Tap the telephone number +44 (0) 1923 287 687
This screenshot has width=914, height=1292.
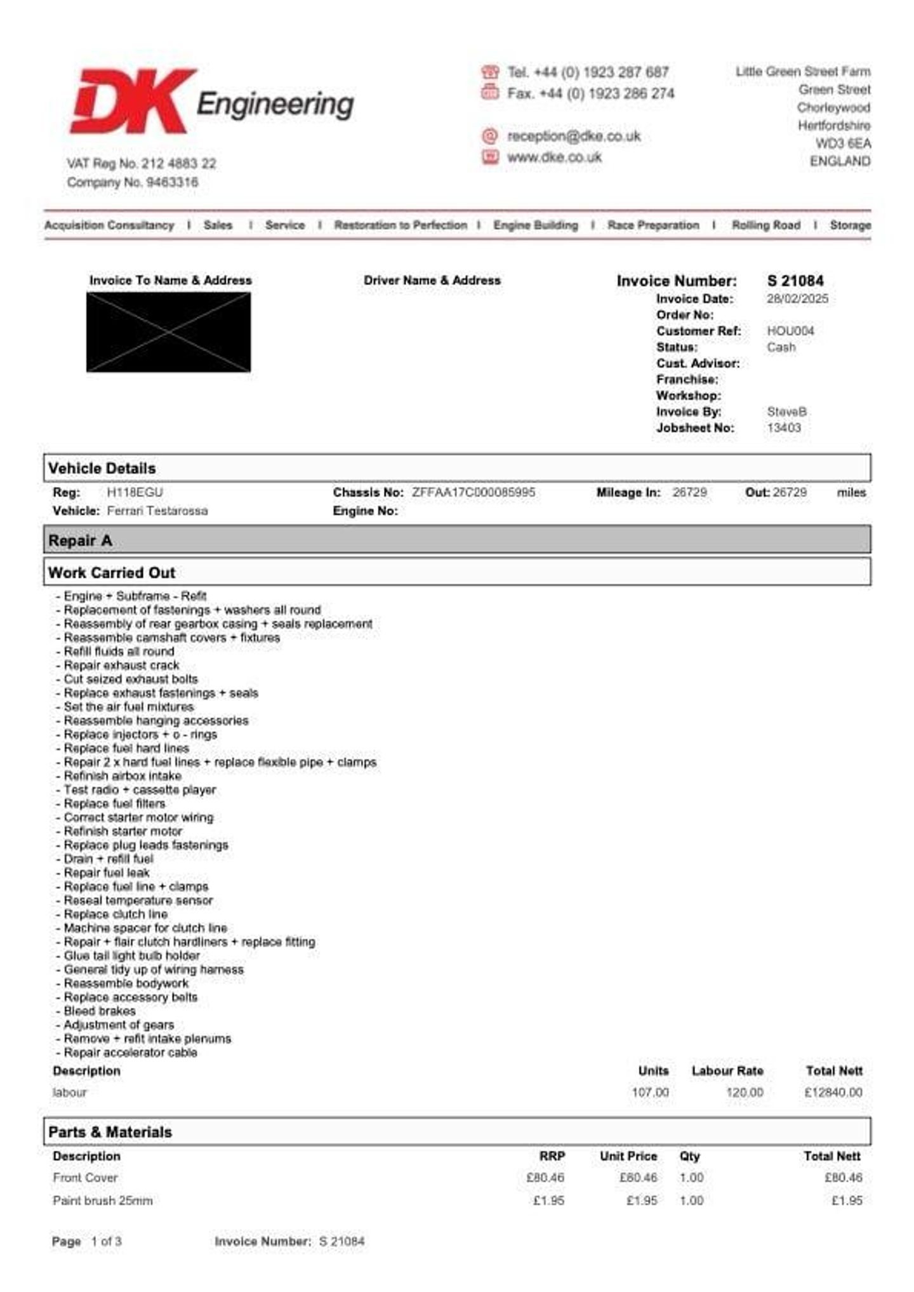click(x=588, y=72)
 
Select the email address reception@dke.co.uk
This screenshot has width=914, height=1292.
click(x=574, y=136)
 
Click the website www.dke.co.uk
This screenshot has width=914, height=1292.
click(x=554, y=157)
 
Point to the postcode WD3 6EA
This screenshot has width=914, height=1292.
click(x=843, y=143)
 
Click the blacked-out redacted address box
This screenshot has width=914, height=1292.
click(x=169, y=332)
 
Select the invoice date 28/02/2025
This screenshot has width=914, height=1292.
click(x=797, y=299)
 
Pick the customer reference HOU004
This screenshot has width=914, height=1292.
click(x=790, y=331)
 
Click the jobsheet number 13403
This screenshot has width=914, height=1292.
click(x=784, y=428)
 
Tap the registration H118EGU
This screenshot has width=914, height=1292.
click(x=135, y=493)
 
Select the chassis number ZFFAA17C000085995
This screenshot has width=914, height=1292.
click(x=474, y=493)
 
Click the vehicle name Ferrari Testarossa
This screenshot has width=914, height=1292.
click(x=157, y=511)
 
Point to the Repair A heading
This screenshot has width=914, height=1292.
click(x=81, y=541)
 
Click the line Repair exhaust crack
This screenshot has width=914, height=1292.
click(x=121, y=665)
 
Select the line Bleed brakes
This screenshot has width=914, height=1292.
click(x=100, y=1011)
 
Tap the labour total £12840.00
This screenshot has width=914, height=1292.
click(x=833, y=1093)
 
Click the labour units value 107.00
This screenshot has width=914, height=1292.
click(x=650, y=1093)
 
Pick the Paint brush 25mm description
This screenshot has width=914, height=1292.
click(x=103, y=1201)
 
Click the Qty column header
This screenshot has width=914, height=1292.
click(x=689, y=1156)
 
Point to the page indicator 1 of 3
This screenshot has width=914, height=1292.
click(x=106, y=1241)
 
